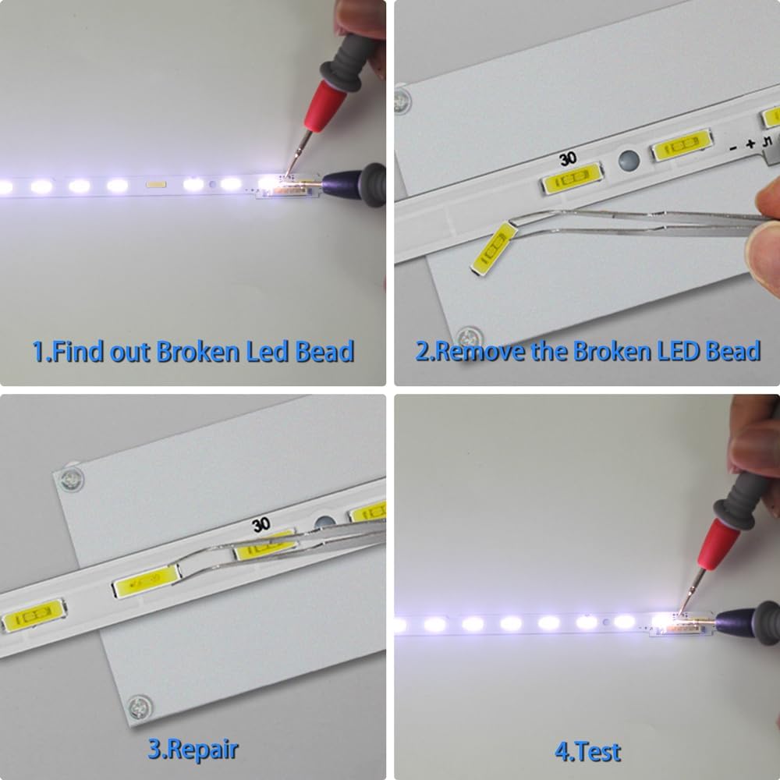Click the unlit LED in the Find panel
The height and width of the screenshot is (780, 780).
tap(156, 185)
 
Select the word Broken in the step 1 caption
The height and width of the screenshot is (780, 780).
tap(198, 352)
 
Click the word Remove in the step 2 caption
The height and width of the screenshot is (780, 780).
tap(480, 351)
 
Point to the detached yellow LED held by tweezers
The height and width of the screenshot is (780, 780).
tap(495, 249)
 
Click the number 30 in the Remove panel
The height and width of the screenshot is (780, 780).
tap(568, 158)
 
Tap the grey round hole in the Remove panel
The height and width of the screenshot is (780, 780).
tap(629, 161)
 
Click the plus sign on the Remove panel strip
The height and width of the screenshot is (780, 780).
tap(750, 144)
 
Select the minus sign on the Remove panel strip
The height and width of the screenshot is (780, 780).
tap(732, 147)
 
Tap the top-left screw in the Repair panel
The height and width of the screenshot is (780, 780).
tap(71, 479)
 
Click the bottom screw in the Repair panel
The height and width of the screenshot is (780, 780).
tap(140, 707)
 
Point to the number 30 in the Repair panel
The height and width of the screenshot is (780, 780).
tap(261, 525)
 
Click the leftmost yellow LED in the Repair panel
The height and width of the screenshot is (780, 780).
tap(33, 616)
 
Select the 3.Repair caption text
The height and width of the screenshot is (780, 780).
tap(193, 750)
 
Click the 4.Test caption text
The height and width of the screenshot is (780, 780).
tap(587, 752)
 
